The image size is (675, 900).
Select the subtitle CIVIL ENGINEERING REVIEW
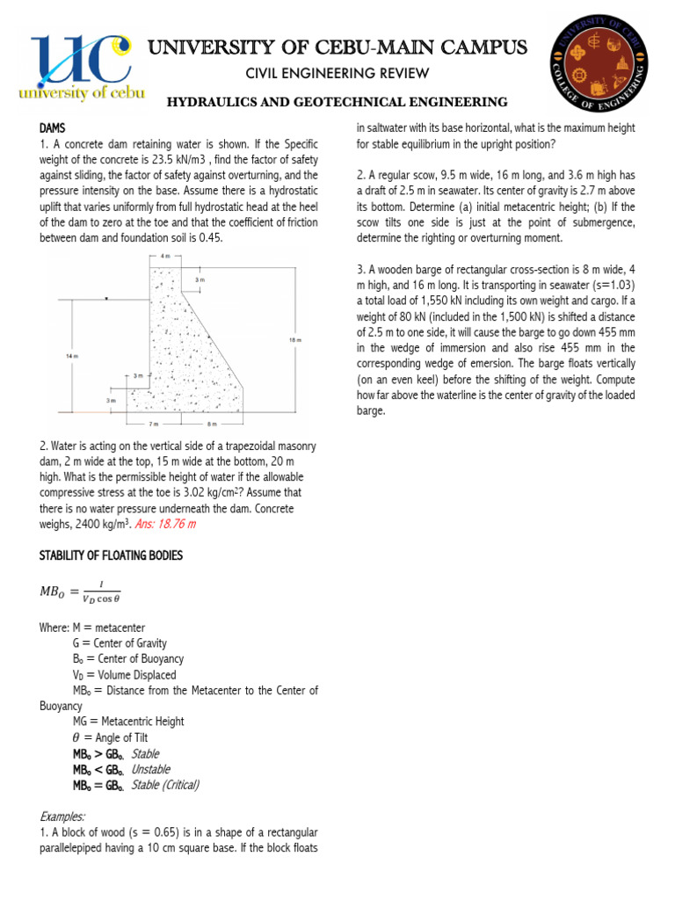coord(337,73)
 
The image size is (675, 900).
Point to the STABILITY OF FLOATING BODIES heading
coord(111,555)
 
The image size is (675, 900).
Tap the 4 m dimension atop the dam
coord(164,256)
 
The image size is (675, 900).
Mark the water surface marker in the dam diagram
coord(106,299)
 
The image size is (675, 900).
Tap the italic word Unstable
coord(150,769)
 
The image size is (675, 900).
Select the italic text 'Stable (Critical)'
coord(164,785)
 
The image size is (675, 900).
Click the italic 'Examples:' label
coord(62,817)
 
